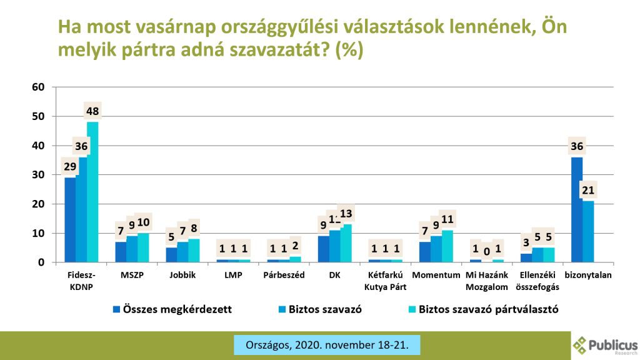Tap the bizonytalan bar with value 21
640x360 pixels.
588,231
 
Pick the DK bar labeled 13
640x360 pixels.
346,243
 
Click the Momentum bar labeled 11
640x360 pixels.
447,246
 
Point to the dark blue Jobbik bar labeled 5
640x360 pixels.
171,255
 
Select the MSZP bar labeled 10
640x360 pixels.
143,247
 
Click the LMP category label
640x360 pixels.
233,274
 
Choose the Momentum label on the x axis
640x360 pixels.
436,274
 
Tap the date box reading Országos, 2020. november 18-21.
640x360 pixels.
326,344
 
